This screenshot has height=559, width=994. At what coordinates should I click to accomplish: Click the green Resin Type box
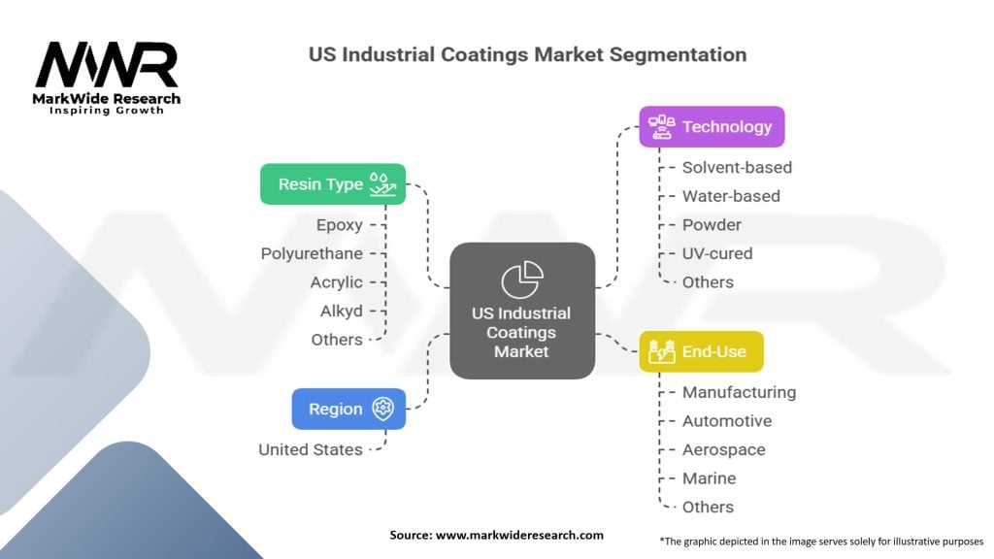pyautogui.click(x=333, y=183)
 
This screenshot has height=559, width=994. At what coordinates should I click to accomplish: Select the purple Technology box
pyautogui.click(x=712, y=126)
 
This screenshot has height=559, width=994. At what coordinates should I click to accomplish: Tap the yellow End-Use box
pyautogui.click(x=701, y=351)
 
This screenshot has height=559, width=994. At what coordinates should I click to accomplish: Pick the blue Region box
pyautogui.click(x=348, y=409)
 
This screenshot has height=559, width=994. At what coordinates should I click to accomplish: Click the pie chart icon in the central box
pyautogui.click(x=521, y=279)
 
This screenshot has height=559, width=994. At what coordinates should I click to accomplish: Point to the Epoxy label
pyautogui.click(x=339, y=224)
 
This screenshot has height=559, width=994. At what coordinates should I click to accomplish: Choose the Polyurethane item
pyautogui.click(x=312, y=253)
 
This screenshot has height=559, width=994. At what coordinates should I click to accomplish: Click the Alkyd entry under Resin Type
pyautogui.click(x=341, y=311)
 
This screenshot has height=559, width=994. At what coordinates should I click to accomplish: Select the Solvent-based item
pyautogui.click(x=737, y=167)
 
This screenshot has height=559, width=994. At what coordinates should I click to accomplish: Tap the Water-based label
pyautogui.click(x=731, y=196)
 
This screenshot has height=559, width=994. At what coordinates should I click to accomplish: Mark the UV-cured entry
pyautogui.click(x=717, y=253)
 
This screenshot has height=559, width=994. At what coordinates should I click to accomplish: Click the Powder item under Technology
pyautogui.click(x=712, y=224)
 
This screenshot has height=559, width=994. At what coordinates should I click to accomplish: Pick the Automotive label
pyautogui.click(x=727, y=421)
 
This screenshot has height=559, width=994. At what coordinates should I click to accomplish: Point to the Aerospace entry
pyautogui.click(x=723, y=449)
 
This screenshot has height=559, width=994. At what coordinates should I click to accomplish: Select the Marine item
pyautogui.click(x=709, y=478)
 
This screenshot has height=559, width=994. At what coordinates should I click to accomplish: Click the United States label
pyautogui.click(x=311, y=449)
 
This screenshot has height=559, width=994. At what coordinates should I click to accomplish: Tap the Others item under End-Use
pyautogui.click(x=708, y=507)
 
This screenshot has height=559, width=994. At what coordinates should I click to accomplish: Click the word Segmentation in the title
pyautogui.click(x=679, y=54)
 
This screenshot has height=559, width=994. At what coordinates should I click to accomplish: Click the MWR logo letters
pyautogui.click(x=107, y=66)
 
